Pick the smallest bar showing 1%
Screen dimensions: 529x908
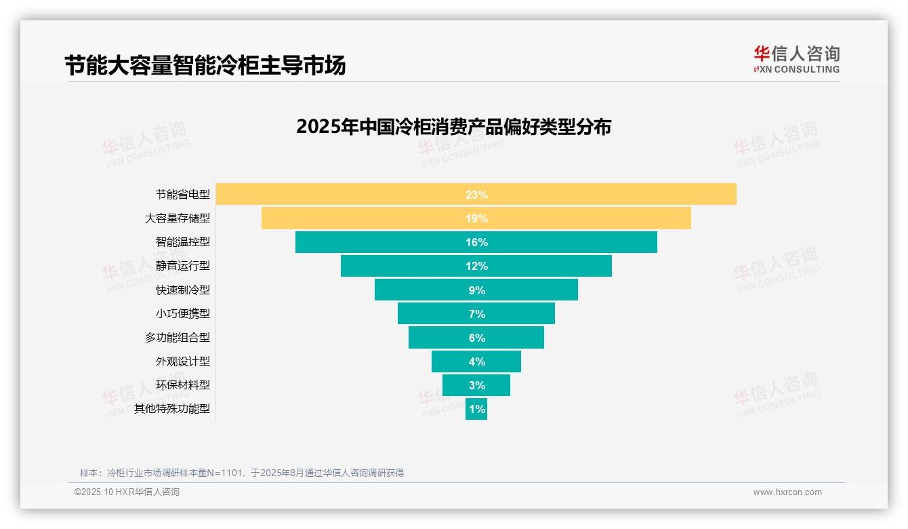coord(476,409)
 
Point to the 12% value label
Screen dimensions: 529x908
coord(476,266)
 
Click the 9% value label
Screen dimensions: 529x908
coord(476,290)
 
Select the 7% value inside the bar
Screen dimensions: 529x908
coord(476,314)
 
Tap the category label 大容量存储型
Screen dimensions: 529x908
coord(178,218)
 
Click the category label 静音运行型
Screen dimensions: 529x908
coord(183,266)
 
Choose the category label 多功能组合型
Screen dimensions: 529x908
coord(178,337)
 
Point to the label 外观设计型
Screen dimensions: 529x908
coord(183,361)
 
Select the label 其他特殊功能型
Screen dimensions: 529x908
coord(172,409)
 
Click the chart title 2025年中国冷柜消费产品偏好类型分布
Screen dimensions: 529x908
coord(453,127)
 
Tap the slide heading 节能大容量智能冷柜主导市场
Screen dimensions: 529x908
coord(205,66)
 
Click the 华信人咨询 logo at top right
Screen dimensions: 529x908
coord(796,59)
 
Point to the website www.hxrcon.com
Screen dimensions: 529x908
coord(787,492)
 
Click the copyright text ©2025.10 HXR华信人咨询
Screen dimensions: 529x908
coord(127,492)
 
